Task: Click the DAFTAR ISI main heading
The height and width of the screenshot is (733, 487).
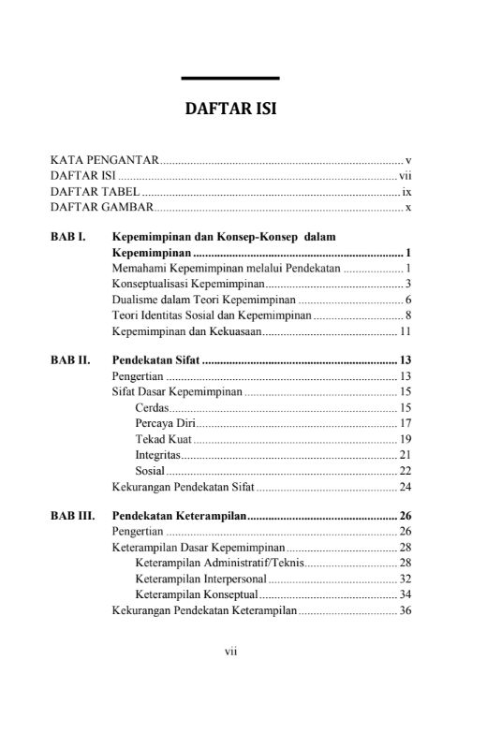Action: pos(229,110)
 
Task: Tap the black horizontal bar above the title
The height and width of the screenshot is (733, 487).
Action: pos(229,78)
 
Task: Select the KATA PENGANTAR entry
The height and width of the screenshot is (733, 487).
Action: pos(103,161)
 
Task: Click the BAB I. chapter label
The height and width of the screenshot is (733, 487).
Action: pos(68,238)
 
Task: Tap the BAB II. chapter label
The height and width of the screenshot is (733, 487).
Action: pos(70,360)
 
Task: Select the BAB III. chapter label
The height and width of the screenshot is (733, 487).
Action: pos(72,515)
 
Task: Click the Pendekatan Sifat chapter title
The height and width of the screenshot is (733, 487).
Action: pos(155,360)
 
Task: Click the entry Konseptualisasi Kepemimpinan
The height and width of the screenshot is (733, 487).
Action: pos(187,284)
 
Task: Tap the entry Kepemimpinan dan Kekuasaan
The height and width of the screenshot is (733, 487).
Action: pos(185,330)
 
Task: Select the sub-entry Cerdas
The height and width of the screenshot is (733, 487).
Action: pos(151,407)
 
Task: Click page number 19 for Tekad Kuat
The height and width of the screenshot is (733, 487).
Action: pos(406,439)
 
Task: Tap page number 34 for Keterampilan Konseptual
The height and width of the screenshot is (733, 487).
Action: pos(406,594)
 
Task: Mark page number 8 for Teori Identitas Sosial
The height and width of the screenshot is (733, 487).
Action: pos(409,315)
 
